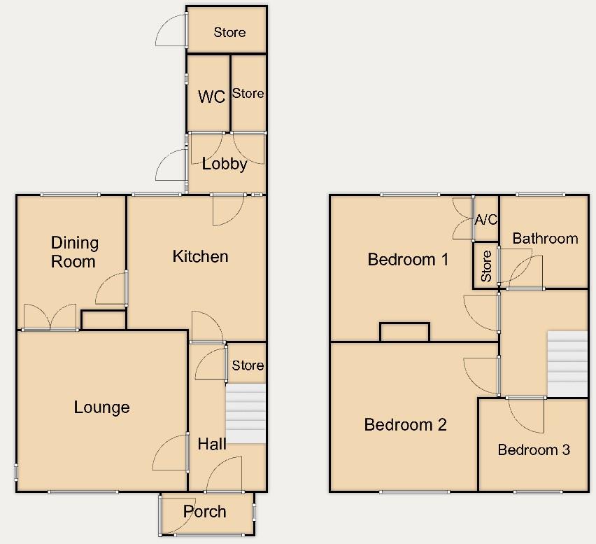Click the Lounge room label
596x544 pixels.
click(101, 407)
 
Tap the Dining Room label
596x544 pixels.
click(74, 252)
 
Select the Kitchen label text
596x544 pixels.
click(200, 256)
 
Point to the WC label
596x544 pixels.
click(211, 97)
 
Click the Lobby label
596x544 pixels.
click(225, 165)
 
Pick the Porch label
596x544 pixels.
click(205, 512)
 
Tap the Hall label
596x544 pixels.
click(212, 443)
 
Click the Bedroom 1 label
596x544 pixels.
click(408, 260)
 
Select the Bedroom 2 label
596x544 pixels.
click(406, 424)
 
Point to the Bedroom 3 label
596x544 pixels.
click(534, 449)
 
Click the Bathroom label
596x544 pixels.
click(545, 238)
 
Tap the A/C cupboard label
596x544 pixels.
click(486, 220)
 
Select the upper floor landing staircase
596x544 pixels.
click(567, 363)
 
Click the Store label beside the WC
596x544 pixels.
click(248, 93)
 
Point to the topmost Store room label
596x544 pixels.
click(229, 32)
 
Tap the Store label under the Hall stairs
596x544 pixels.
click(248, 365)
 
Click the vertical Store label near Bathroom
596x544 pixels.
click(486, 265)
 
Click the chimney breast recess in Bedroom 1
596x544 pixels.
click(404, 332)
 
